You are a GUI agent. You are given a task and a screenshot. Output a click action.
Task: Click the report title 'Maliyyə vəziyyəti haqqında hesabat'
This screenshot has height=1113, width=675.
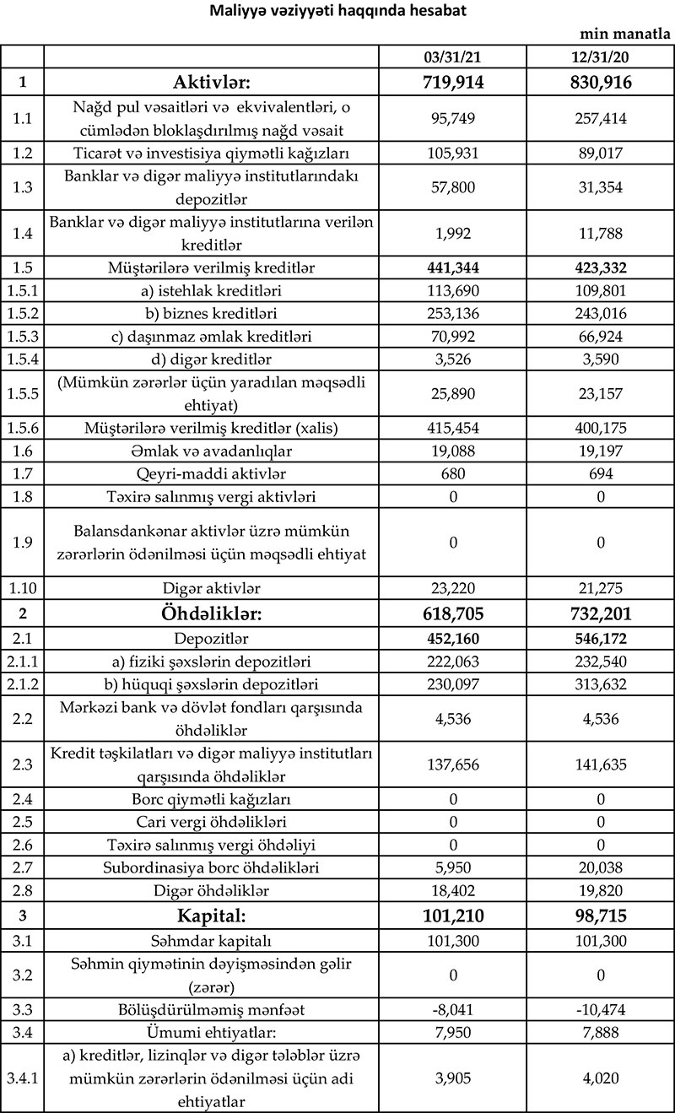pos(337,13)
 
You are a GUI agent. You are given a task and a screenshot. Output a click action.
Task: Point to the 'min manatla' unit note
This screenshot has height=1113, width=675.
pos(625,35)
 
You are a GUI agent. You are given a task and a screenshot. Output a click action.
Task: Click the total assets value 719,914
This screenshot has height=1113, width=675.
pos(452,82)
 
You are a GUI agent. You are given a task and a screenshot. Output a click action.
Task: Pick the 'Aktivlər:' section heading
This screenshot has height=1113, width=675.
pos(211,82)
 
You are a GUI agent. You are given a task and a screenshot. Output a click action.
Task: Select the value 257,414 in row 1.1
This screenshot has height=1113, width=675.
pos(600,119)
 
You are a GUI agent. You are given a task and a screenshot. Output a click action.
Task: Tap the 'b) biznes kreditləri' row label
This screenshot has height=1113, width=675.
pos(211,315)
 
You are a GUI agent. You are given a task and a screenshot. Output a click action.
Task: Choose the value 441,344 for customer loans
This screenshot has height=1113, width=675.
pos(452,268)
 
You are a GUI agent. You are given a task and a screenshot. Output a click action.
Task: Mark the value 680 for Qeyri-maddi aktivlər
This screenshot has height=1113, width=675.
pos(452,473)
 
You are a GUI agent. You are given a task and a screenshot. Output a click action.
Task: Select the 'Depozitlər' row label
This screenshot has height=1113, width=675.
pos(211,640)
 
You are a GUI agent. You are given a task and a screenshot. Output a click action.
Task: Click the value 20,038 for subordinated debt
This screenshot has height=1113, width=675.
pos(600,867)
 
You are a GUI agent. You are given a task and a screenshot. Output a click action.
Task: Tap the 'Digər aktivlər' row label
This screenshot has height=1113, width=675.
pos(211,587)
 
